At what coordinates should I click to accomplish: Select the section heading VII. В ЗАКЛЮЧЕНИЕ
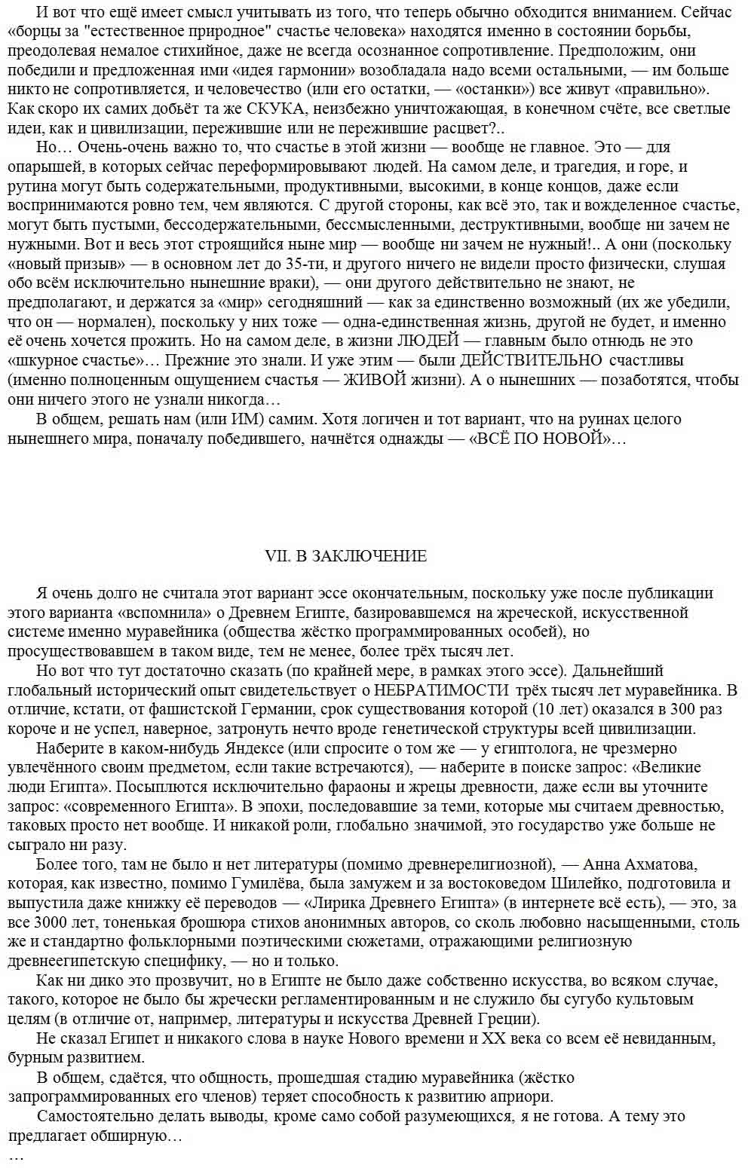coord(346,556)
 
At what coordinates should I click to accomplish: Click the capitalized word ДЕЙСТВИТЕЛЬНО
coord(531,360)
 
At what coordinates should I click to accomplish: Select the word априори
coord(523,1096)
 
